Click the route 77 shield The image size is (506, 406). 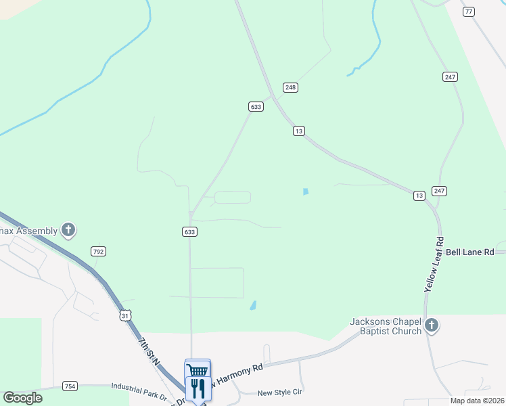[469, 12]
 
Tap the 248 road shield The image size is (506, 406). [290, 87]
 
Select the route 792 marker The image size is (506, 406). [98, 251]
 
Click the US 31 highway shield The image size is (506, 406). [124, 315]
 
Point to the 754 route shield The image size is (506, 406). [69, 386]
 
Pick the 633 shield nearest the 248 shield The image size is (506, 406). [256, 107]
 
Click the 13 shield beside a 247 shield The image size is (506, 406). [419, 196]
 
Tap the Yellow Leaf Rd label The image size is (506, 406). [434, 265]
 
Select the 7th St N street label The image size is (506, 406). [149, 352]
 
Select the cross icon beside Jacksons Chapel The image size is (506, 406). [432, 327]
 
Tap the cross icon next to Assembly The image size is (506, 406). [68, 231]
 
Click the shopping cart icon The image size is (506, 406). [198, 369]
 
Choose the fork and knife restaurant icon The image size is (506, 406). [198, 388]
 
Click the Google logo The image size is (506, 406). [22, 398]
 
